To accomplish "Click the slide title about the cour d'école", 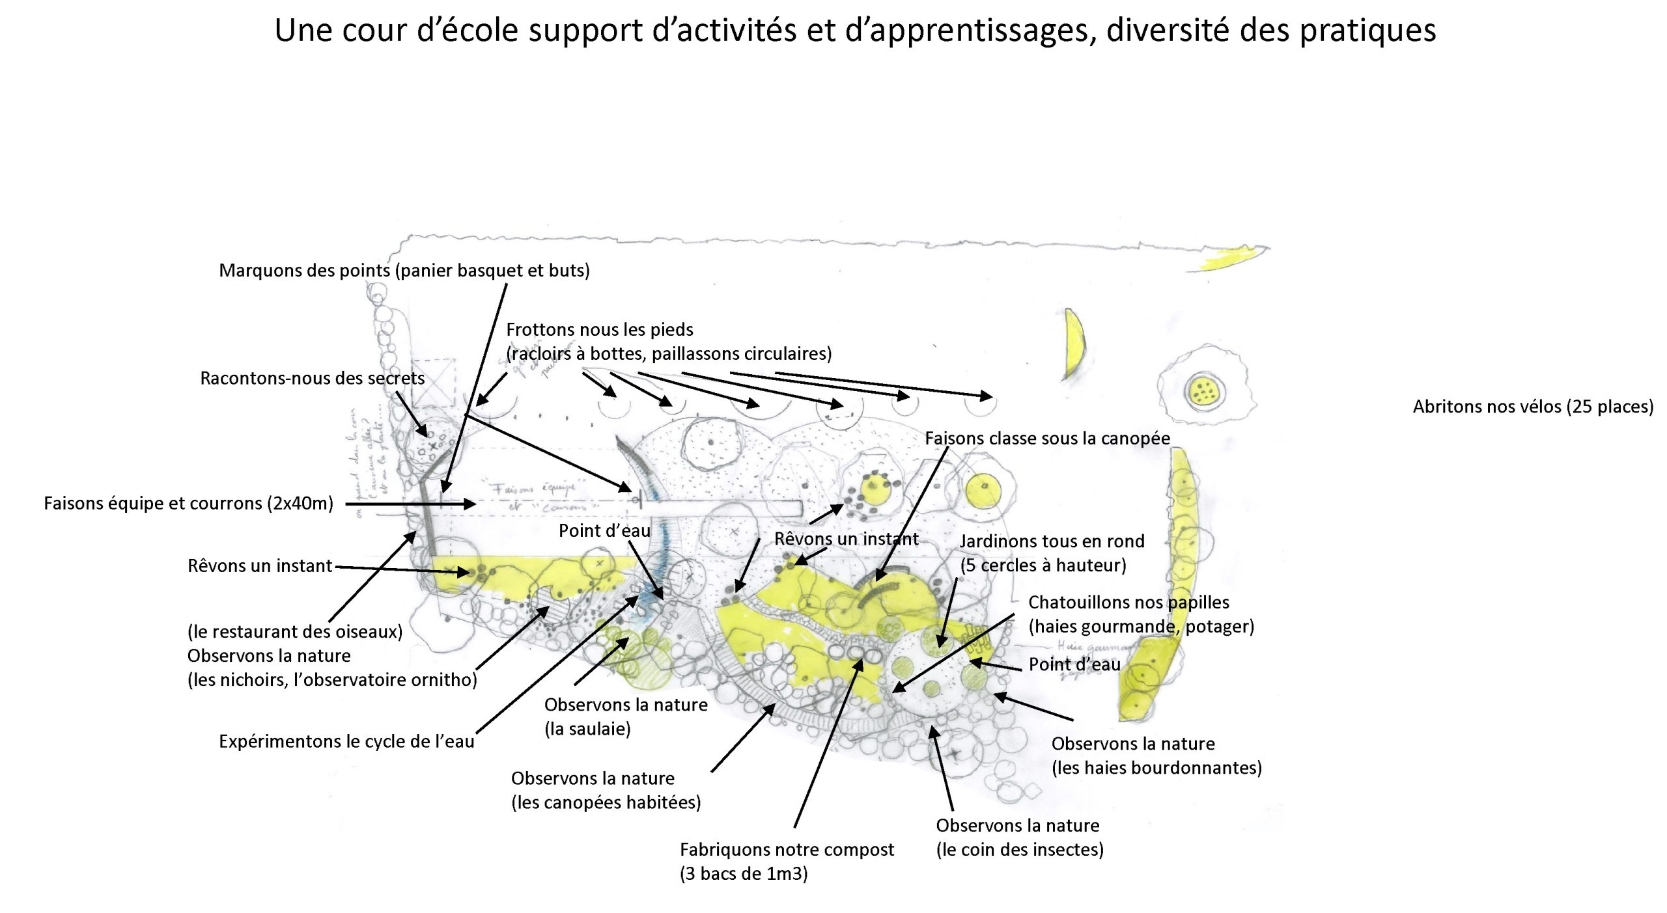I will pos(855,31).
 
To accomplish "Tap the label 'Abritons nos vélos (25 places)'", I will pos(1533,407).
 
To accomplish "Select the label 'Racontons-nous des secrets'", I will pos(312,378).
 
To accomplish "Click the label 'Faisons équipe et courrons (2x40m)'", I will pos(188,503).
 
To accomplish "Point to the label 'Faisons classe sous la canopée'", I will pos(1047,438).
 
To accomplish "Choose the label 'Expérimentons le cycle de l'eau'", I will pos(346,741).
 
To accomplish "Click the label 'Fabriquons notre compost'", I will pos(787,849).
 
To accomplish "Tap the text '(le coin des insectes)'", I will pos(1020,849).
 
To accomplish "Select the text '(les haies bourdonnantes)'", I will pos(1156,767).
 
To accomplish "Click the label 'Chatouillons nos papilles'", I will pos(1128,602).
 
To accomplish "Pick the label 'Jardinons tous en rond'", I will pos(1052,541).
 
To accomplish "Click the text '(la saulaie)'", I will pos(587,728).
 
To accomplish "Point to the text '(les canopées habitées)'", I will pos(606,802).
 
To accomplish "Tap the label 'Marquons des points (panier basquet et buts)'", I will pos(404,270).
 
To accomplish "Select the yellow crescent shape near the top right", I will pos(1074,343).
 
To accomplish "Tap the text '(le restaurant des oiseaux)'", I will pos(295,631).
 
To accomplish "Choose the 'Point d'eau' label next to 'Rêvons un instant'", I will pos(604,530).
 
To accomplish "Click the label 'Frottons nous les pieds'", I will pos(599,329).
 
